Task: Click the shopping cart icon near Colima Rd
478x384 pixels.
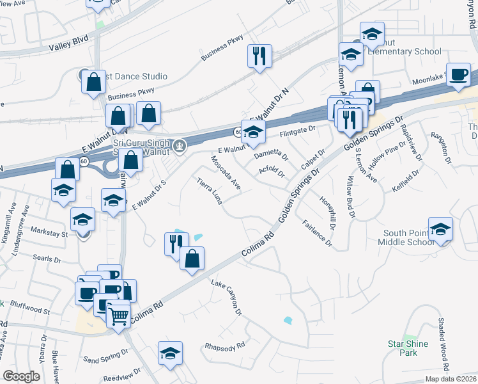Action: (118, 314)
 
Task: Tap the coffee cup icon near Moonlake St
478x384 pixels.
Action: (458, 74)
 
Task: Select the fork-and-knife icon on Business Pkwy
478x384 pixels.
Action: (259, 56)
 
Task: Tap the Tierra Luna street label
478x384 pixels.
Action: (210, 191)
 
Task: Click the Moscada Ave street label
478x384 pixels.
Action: (226, 172)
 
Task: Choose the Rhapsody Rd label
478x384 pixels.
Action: (225, 346)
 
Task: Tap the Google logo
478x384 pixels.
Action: (21, 376)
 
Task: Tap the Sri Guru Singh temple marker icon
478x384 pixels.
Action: (181, 145)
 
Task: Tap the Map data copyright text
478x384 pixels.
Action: (450, 379)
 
